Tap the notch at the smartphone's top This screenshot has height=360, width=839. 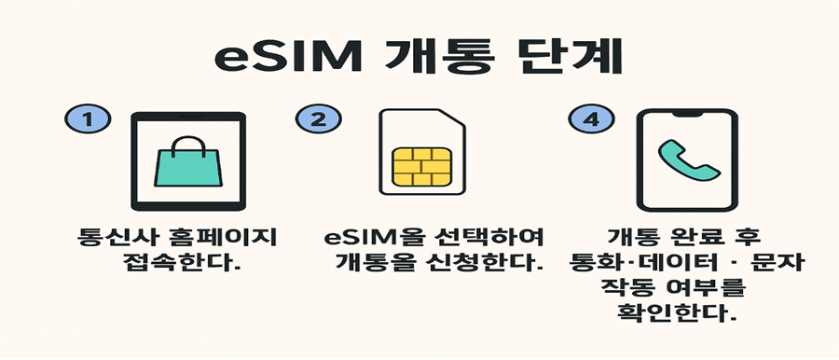pyautogui.click(x=686, y=115)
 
